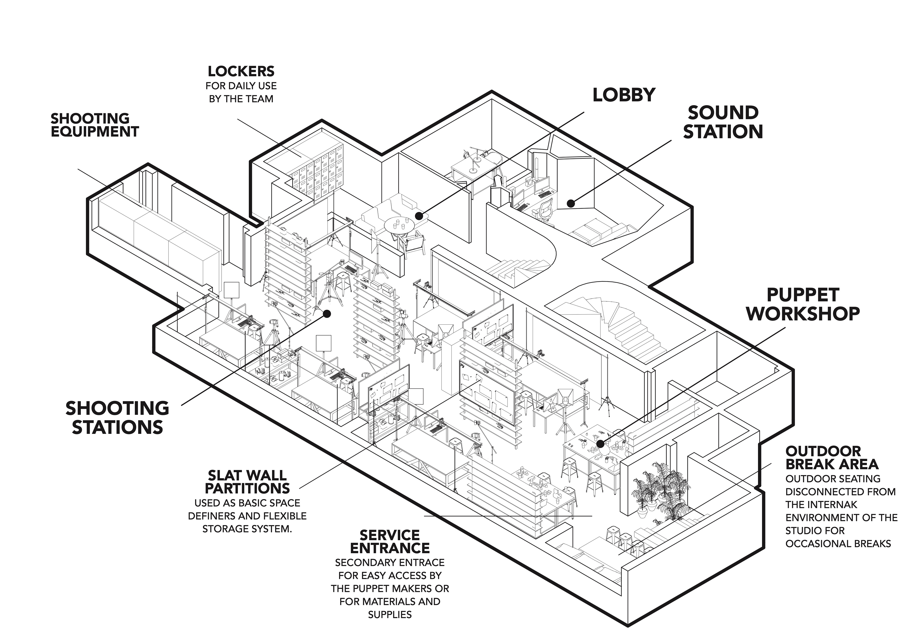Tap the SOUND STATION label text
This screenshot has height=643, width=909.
point(723,122)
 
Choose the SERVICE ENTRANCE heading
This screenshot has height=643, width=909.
point(390,542)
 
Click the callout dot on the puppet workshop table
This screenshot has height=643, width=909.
point(601,444)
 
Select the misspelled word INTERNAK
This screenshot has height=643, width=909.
point(821,505)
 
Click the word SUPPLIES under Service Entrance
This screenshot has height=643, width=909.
point(390,615)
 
